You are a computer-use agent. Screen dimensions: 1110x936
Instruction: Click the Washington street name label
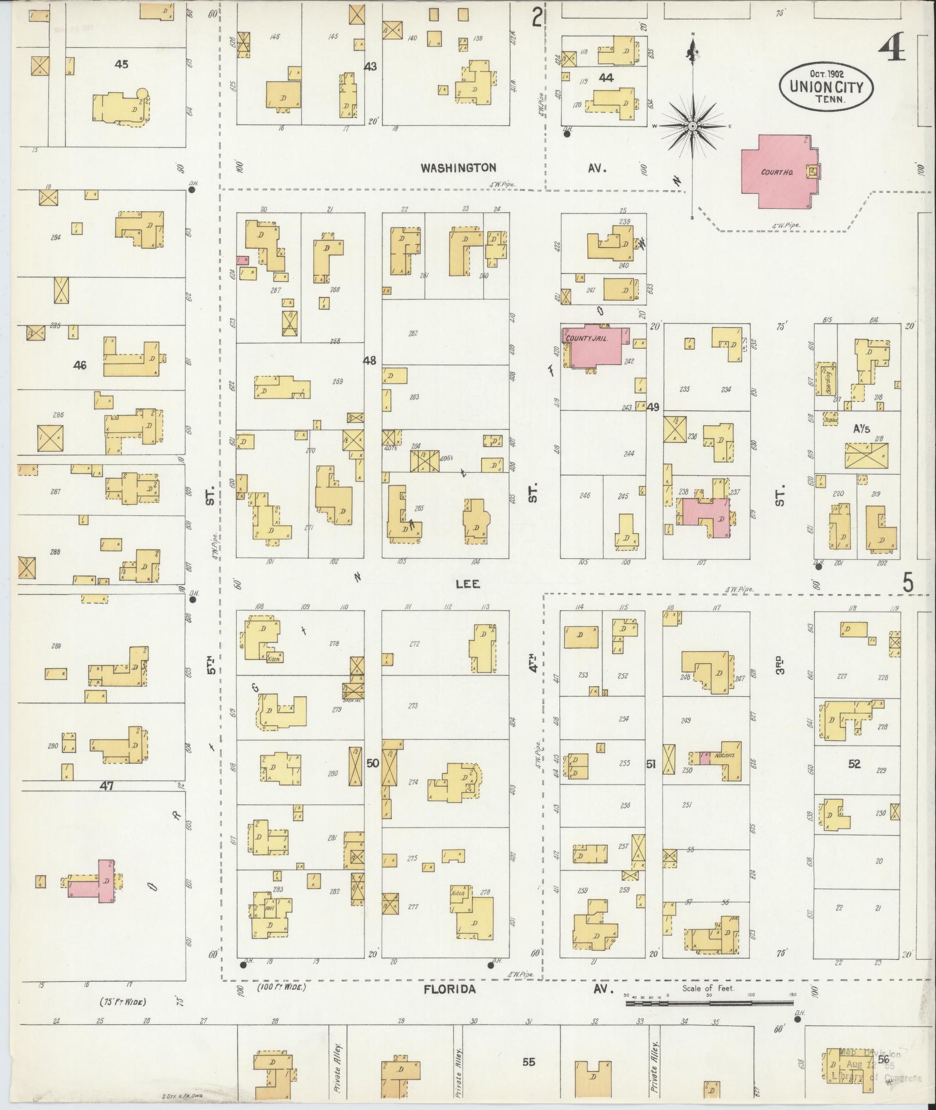tap(458, 168)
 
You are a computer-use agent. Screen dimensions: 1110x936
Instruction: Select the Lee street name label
tap(468, 584)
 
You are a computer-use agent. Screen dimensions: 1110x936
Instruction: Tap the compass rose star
tap(692, 126)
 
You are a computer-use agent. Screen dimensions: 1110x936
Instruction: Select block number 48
tap(370, 360)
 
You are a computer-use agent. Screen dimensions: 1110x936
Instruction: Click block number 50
tap(372, 763)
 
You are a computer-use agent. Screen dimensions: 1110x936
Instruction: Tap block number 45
tap(121, 64)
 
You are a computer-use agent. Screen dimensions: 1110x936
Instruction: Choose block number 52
tap(854, 764)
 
